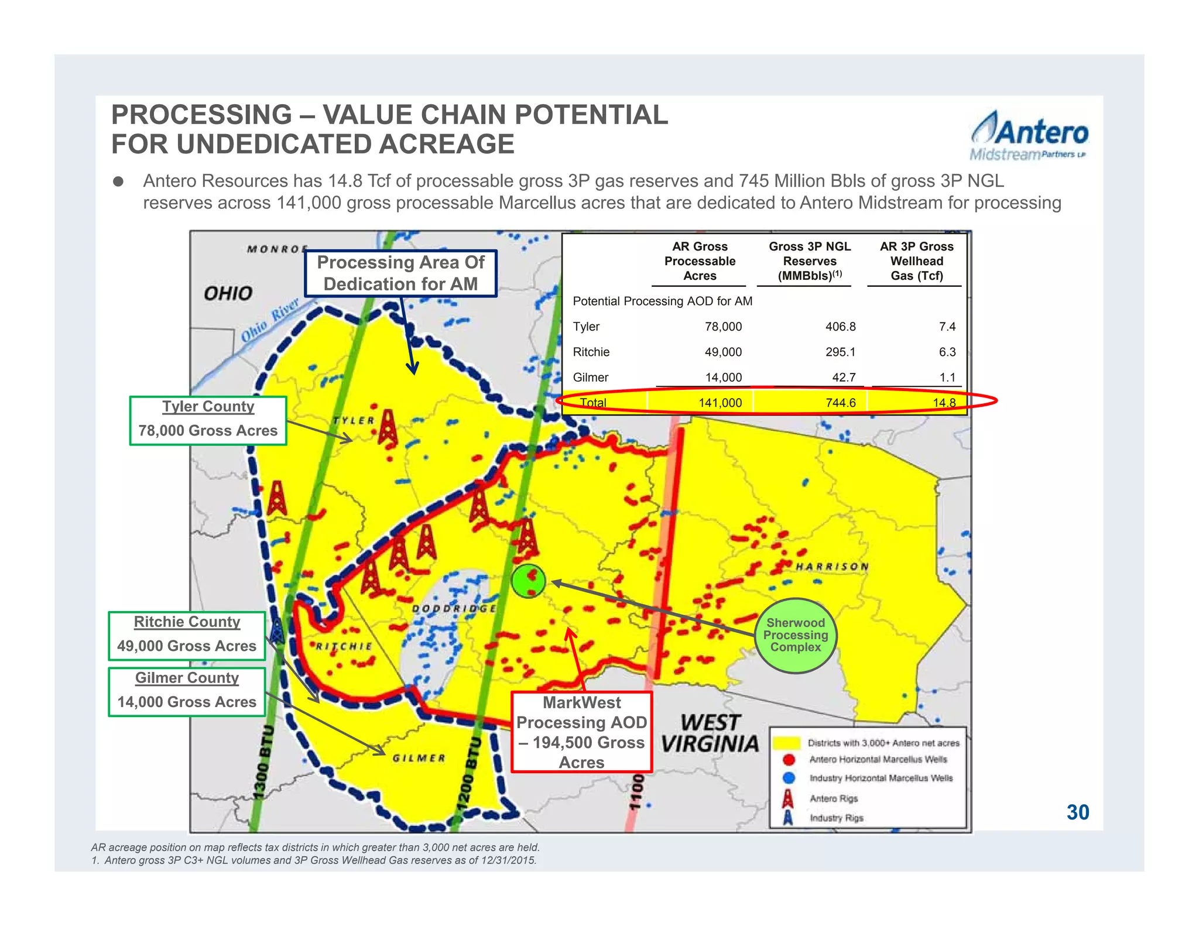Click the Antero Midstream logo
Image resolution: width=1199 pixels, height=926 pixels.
1029,136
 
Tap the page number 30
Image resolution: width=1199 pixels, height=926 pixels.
1077,812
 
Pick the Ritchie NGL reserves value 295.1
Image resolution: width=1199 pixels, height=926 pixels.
840,352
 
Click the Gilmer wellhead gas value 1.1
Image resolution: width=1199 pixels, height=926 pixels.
947,378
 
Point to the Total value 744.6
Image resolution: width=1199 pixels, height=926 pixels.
840,403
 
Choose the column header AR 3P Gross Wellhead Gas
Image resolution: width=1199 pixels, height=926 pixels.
916,261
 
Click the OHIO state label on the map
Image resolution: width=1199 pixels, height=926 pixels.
228,293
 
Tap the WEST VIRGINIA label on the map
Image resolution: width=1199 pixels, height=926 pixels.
710,733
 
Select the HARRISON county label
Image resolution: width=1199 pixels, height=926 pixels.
831,567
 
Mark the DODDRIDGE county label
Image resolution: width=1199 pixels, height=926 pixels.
454,609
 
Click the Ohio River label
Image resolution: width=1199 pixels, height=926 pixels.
270,319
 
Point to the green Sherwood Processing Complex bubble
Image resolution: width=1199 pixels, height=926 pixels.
796,635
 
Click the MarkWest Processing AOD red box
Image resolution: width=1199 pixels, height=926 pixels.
581,732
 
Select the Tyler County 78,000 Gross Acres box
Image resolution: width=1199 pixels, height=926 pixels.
208,420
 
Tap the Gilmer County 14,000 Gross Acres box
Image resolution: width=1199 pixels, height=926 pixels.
187,691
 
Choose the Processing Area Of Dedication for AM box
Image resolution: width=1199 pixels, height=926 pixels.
400,273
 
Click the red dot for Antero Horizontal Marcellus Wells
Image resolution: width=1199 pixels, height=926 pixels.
789,760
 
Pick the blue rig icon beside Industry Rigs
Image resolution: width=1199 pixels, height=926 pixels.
788,817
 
